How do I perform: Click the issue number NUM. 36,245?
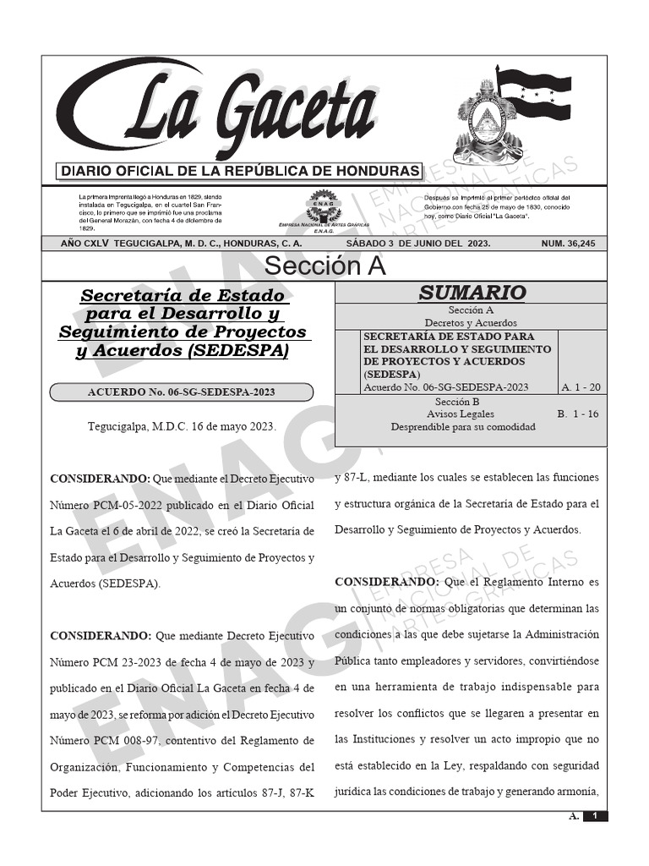pyautogui.click(x=568, y=244)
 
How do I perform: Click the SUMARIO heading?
pyautogui.click(x=472, y=293)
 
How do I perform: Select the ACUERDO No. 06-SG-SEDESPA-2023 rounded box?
pyautogui.click(x=182, y=392)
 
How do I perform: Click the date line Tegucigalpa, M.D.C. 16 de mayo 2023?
pyautogui.click(x=182, y=426)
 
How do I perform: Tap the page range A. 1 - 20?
pyautogui.click(x=581, y=387)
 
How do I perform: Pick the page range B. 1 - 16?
pyautogui.click(x=578, y=414)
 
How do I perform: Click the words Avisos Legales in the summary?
pyautogui.click(x=461, y=414)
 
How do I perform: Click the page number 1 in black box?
pyautogui.click(x=596, y=816)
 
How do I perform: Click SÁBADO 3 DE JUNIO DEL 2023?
pyautogui.click(x=418, y=244)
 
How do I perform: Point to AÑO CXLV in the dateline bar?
pyautogui.click(x=83, y=244)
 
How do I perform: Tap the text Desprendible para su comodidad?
pyautogui.click(x=463, y=427)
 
